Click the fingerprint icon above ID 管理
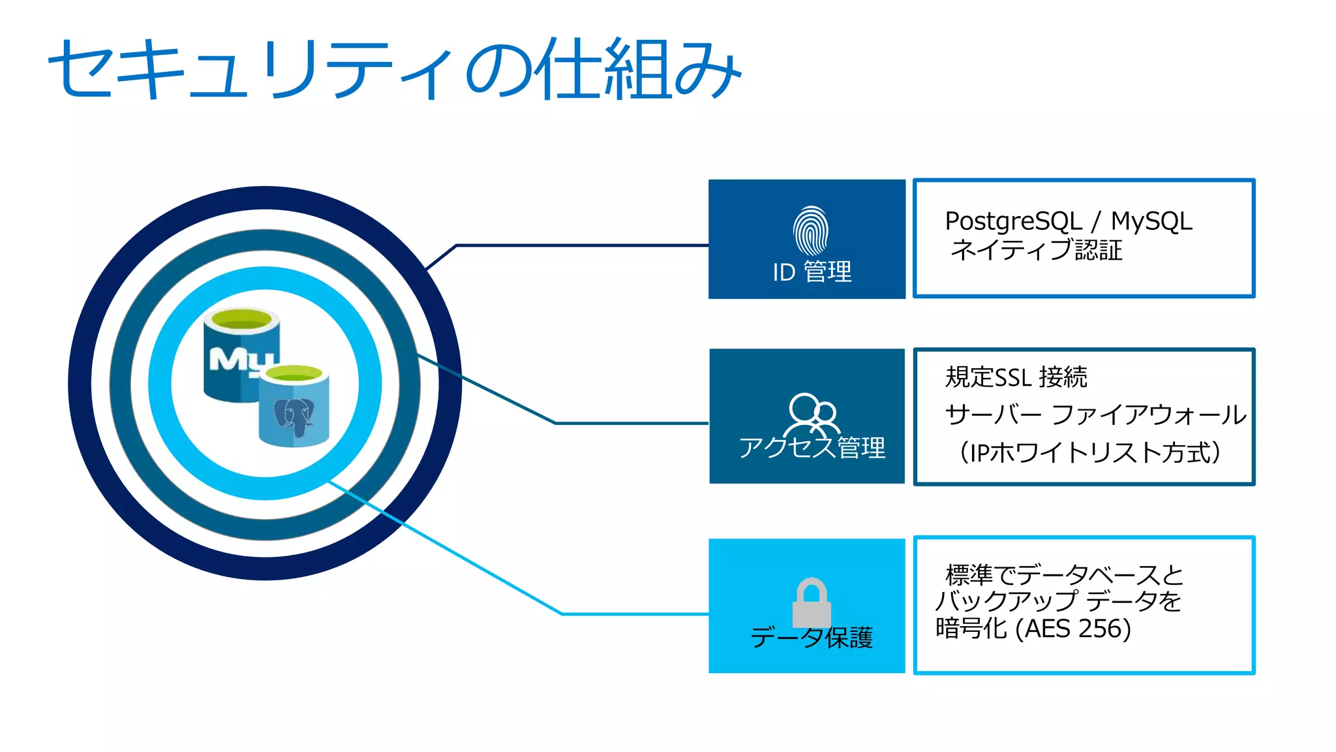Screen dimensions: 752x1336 (x=810, y=231)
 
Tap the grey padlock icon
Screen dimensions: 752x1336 (x=812, y=603)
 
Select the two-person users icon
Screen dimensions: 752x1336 (x=812, y=414)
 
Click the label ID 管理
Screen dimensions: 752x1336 (x=812, y=272)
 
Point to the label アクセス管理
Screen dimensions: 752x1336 (x=812, y=448)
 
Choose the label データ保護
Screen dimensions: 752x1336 (x=812, y=637)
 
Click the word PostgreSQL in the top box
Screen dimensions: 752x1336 (x=1013, y=221)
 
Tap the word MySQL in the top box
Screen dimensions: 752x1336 (x=1151, y=221)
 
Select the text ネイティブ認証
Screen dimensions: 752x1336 (x=1037, y=250)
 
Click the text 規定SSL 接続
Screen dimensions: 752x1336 (x=1016, y=377)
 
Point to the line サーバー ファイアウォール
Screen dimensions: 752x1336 (x=1096, y=415)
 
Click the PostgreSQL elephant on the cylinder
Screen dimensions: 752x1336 (x=294, y=416)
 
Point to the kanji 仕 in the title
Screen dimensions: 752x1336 (x=566, y=69)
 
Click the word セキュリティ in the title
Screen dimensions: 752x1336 (x=251, y=69)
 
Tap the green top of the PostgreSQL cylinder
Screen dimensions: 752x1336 (x=294, y=374)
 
